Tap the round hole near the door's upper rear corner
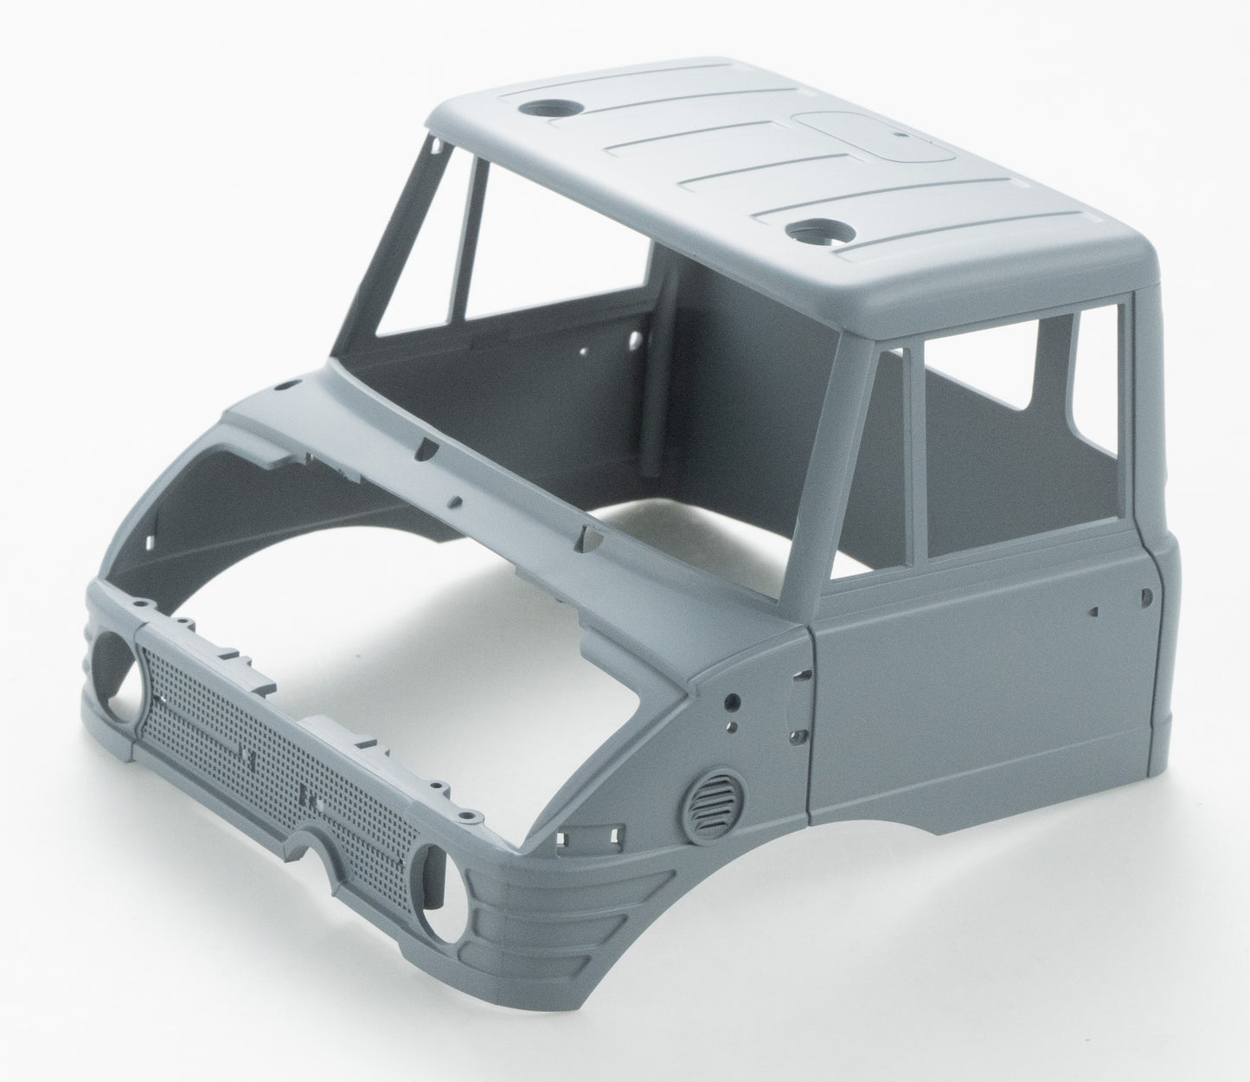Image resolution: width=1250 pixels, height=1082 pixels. [x=1146, y=596]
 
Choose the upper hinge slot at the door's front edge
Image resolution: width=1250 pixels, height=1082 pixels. [x=804, y=672]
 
